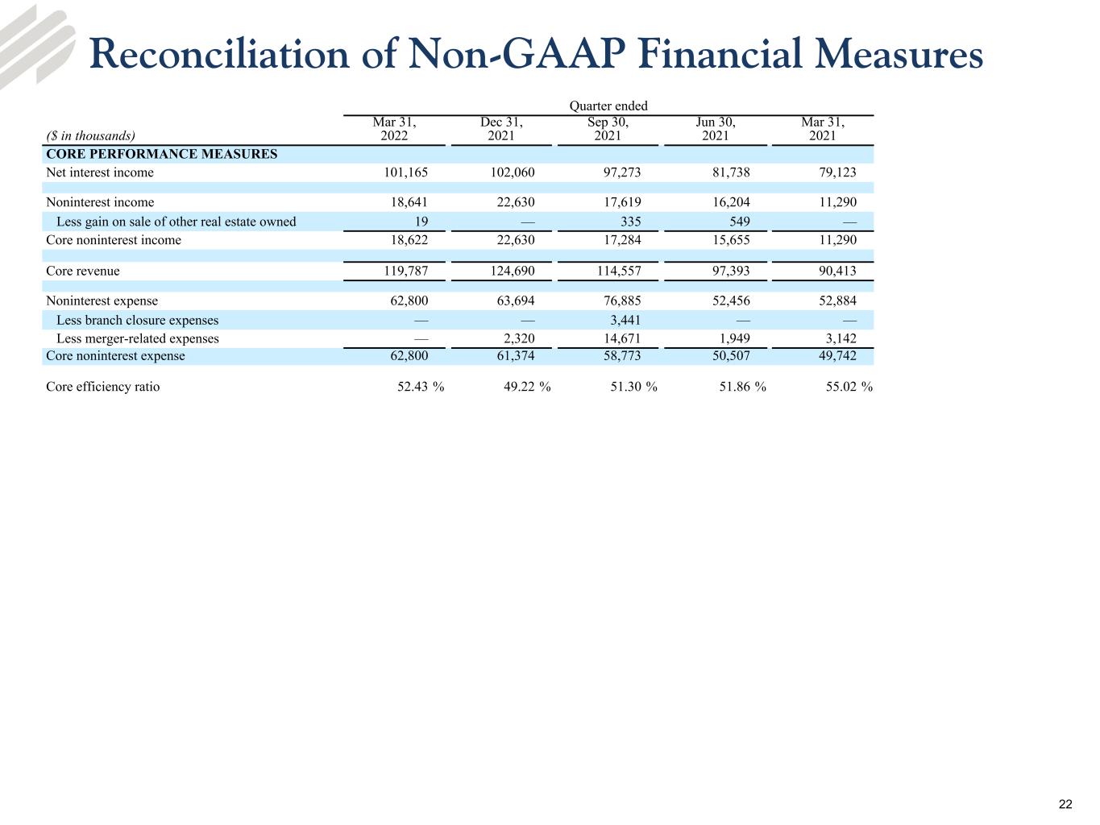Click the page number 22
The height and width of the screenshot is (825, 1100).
(1065, 804)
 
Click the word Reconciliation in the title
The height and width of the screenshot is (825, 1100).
(219, 54)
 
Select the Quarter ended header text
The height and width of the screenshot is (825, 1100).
(608, 106)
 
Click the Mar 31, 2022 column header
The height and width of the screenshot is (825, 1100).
(394, 129)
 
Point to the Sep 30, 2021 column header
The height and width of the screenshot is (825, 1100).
(608, 129)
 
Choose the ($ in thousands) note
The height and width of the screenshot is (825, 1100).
(91, 135)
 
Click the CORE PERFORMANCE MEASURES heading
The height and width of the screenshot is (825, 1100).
(161, 154)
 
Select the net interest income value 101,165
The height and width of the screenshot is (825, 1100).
(405, 172)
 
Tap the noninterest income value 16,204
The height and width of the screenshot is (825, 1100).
(731, 202)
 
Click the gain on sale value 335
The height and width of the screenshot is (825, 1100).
(630, 222)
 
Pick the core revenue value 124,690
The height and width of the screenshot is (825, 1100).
(513, 271)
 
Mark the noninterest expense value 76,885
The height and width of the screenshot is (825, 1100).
(622, 301)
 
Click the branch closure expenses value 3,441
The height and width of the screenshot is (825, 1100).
(625, 320)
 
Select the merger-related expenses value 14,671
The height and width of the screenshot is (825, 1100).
(622, 338)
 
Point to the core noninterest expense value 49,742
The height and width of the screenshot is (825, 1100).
(837, 355)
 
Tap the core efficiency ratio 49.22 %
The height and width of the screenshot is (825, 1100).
(527, 387)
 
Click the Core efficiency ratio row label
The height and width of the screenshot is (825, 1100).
(102, 387)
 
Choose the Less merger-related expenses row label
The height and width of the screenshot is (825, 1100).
(137, 338)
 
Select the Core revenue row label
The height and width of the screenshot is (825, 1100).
(83, 271)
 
